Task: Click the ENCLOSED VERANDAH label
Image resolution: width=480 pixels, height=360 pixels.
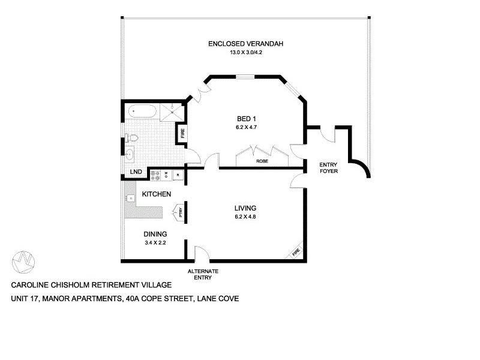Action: coord(245,44)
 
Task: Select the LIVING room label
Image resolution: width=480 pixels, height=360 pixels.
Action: coord(245,208)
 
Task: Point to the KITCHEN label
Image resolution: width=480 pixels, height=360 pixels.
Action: coord(157,194)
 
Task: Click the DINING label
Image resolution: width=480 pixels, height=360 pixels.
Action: coord(154,234)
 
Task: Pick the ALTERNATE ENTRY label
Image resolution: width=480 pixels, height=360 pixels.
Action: coord(203,275)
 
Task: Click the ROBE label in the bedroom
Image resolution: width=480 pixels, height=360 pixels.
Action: coord(262,161)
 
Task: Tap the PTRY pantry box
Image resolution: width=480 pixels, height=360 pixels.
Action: coord(179,211)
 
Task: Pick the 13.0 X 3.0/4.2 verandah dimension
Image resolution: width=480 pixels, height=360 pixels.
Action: coord(245,53)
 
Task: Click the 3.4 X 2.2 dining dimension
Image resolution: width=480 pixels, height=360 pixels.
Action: coord(154,243)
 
